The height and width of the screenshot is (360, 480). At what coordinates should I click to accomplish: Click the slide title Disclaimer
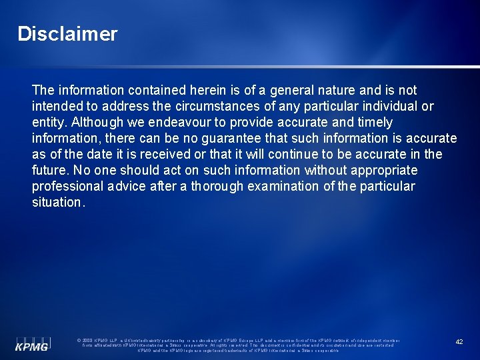[67, 34]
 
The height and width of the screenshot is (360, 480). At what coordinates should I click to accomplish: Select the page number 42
[459, 341]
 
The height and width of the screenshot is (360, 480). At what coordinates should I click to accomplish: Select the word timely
[374, 122]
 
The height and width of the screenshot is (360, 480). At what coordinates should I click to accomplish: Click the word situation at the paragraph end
[57, 202]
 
